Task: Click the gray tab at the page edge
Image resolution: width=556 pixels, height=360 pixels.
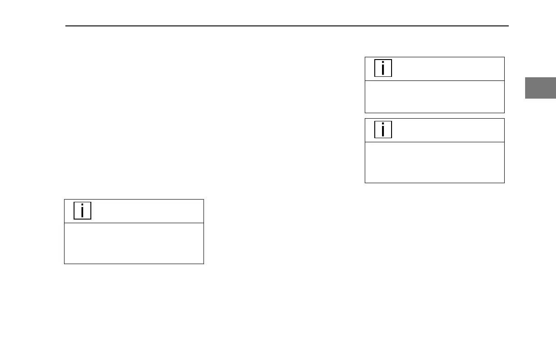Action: [541, 88]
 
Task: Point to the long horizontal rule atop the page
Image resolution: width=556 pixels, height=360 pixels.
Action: [287, 26]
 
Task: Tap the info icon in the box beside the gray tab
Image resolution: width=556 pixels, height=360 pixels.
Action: [383, 69]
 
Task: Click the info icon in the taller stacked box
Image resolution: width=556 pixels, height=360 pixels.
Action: [383, 130]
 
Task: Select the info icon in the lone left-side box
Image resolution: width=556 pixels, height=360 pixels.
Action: [82, 211]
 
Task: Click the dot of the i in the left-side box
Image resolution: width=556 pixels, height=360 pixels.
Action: [82, 205]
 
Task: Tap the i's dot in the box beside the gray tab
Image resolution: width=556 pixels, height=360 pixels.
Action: [383, 63]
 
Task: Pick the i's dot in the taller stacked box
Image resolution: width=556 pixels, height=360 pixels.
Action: [383, 125]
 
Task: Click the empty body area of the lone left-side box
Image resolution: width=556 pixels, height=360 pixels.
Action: [134, 243]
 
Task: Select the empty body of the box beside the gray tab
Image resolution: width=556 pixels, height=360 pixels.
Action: [435, 97]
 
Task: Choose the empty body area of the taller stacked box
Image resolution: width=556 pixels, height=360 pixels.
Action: [435, 162]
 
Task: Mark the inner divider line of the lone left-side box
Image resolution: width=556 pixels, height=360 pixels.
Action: [134, 223]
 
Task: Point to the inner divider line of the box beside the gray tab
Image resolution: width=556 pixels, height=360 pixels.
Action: [435, 80]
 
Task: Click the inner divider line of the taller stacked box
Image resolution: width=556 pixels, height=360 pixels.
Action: [435, 142]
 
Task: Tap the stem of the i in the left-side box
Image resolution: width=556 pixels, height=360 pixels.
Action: [82, 213]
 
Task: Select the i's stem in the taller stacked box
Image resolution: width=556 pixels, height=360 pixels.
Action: [383, 132]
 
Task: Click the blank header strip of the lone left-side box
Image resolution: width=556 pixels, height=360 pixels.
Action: [145, 211]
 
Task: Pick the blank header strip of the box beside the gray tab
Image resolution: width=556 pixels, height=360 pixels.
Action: [445, 69]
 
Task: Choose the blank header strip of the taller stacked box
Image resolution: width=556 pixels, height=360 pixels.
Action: [445, 130]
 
